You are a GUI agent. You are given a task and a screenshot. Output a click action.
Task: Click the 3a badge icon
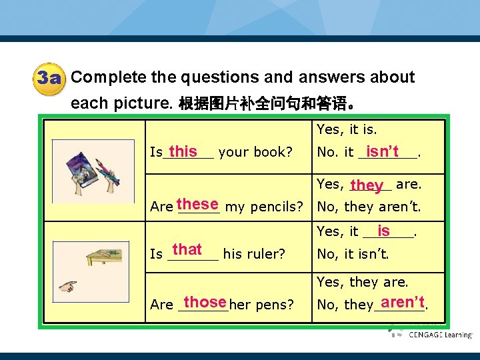(x=49, y=79)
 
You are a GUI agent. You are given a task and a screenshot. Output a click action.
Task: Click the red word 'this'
(x=183, y=151)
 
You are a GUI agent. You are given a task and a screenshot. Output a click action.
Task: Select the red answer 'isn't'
(x=382, y=151)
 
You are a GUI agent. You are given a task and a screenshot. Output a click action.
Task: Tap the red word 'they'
(x=367, y=185)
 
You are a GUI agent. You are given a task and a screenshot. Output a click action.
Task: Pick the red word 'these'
(x=198, y=204)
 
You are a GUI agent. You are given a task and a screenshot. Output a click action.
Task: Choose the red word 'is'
(x=383, y=231)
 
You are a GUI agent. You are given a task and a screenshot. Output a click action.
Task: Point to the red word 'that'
(x=187, y=249)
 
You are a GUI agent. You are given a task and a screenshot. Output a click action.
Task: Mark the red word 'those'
(x=205, y=301)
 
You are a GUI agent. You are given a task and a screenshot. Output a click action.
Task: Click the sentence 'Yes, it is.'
(x=347, y=130)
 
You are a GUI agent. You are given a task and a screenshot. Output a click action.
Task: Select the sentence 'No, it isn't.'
(x=353, y=254)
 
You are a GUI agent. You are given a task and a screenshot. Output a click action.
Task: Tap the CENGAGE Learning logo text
(x=440, y=335)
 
